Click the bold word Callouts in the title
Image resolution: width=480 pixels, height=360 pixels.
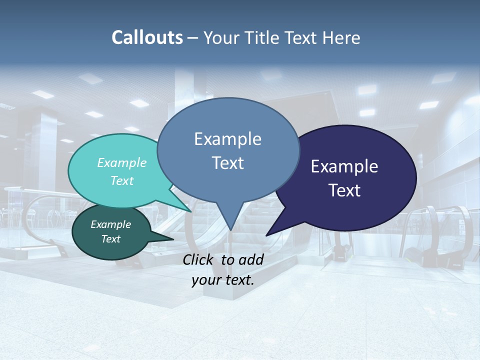pyautogui.click(x=147, y=37)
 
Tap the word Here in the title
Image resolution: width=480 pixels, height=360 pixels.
pyautogui.click(x=341, y=37)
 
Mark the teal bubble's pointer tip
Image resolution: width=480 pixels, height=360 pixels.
pyautogui.click(x=191, y=211)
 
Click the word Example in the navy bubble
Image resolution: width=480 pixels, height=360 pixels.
pyautogui.click(x=344, y=166)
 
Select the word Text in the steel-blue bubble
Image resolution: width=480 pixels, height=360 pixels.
pyautogui.click(x=227, y=163)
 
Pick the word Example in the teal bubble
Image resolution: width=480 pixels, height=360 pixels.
pyautogui.click(x=122, y=163)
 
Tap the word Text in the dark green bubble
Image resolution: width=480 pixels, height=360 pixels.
pyautogui.click(x=111, y=239)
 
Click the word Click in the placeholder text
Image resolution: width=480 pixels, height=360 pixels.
pyautogui.click(x=199, y=259)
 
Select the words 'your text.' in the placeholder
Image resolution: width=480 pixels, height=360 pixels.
pyautogui.click(x=223, y=280)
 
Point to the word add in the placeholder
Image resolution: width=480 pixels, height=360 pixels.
pyautogui.click(x=251, y=259)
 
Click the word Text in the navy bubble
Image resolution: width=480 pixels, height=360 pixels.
pyautogui.click(x=344, y=190)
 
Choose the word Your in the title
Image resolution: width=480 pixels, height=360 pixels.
pyautogui.click(x=220, y=37)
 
